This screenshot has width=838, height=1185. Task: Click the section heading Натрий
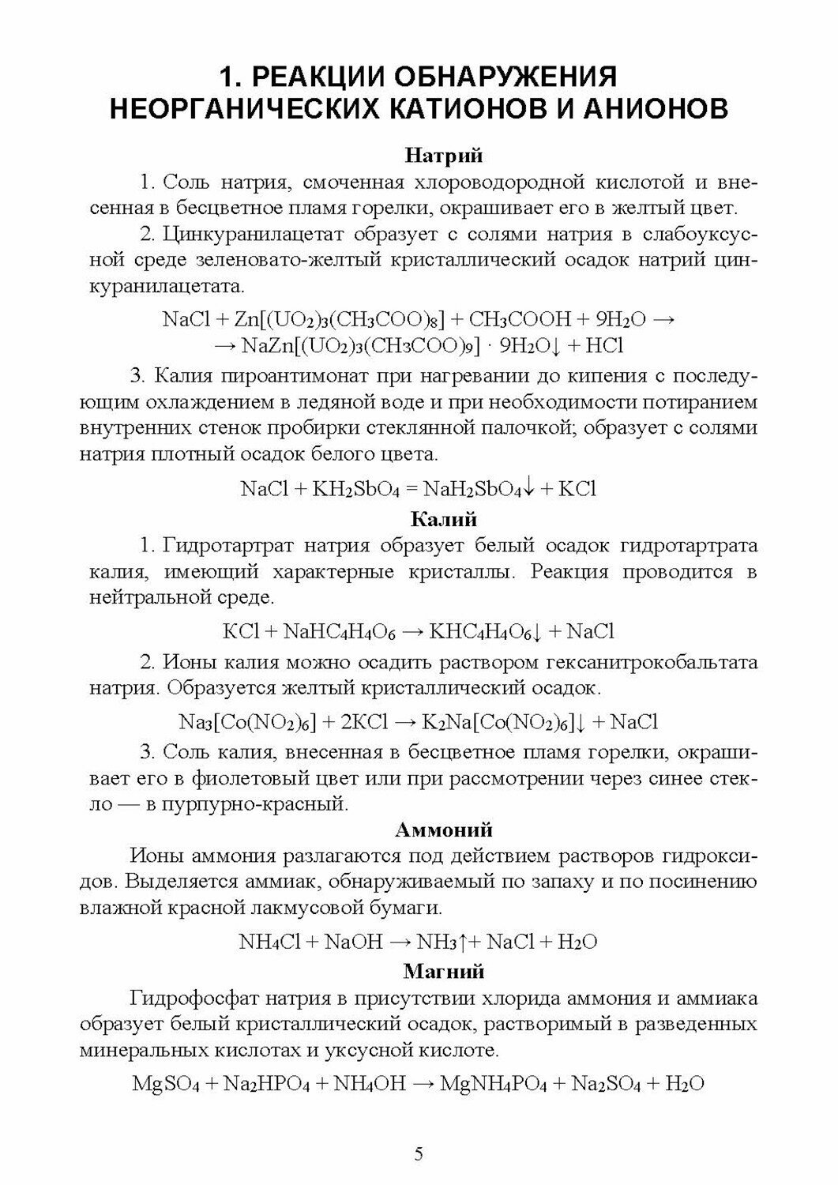(x=443, y=156)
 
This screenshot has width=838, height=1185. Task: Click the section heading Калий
(x=444, y=519)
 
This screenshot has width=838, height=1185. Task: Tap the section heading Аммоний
(x=443, y=829)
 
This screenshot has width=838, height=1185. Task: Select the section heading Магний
(x=443, y=970)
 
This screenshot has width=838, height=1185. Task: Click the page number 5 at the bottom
(x=419, y=1153)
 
